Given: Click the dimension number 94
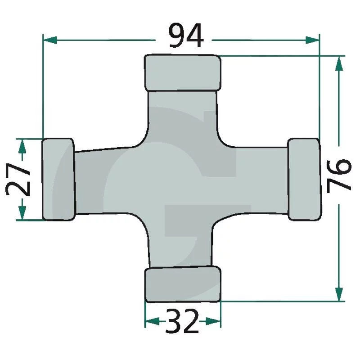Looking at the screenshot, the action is pyautogui.click(x=186, y=35).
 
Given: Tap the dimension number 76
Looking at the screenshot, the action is pyautogui.click(x=339, y=175).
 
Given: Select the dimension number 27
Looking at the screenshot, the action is pyautogui.click(x=18, y=179).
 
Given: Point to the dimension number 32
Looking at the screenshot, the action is pyautogui.click(x=182, y=321).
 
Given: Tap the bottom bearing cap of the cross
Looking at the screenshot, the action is pyautogui.click(x=183, y=284).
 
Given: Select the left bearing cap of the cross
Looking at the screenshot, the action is pyautogui.click(x=58, y=179).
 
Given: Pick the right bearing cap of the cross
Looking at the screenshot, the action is pyautogui.click(x=304, y=179).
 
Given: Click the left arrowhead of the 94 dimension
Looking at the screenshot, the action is pyautogui.click(x=50, y=40).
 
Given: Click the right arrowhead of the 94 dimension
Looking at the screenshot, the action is pyautogui.click(x=312, y=40).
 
